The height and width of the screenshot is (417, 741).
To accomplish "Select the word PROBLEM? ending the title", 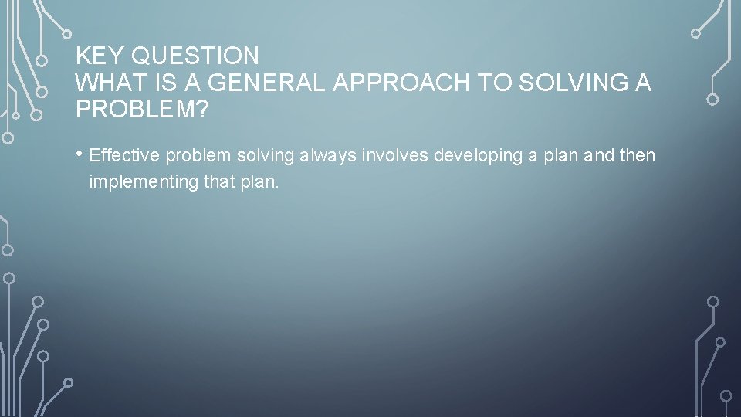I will (x=142, y=109).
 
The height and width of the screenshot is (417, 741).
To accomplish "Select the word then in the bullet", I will (x=638, y=156).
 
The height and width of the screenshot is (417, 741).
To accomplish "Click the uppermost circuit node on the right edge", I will (x=695, y=33).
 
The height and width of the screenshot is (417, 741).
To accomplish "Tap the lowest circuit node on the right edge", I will (x=726, y=395).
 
